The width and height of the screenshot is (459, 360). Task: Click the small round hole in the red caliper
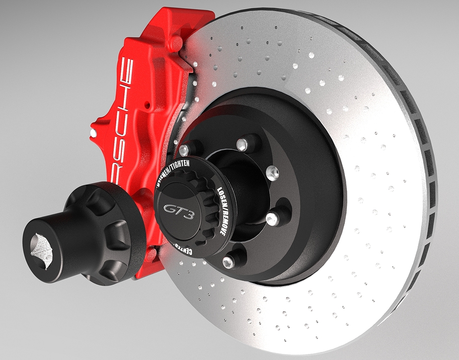click(x=146, y=107)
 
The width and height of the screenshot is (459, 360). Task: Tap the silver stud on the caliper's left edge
click(x=93, y=132)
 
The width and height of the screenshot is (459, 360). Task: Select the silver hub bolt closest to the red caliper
click(x=184, y=149)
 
